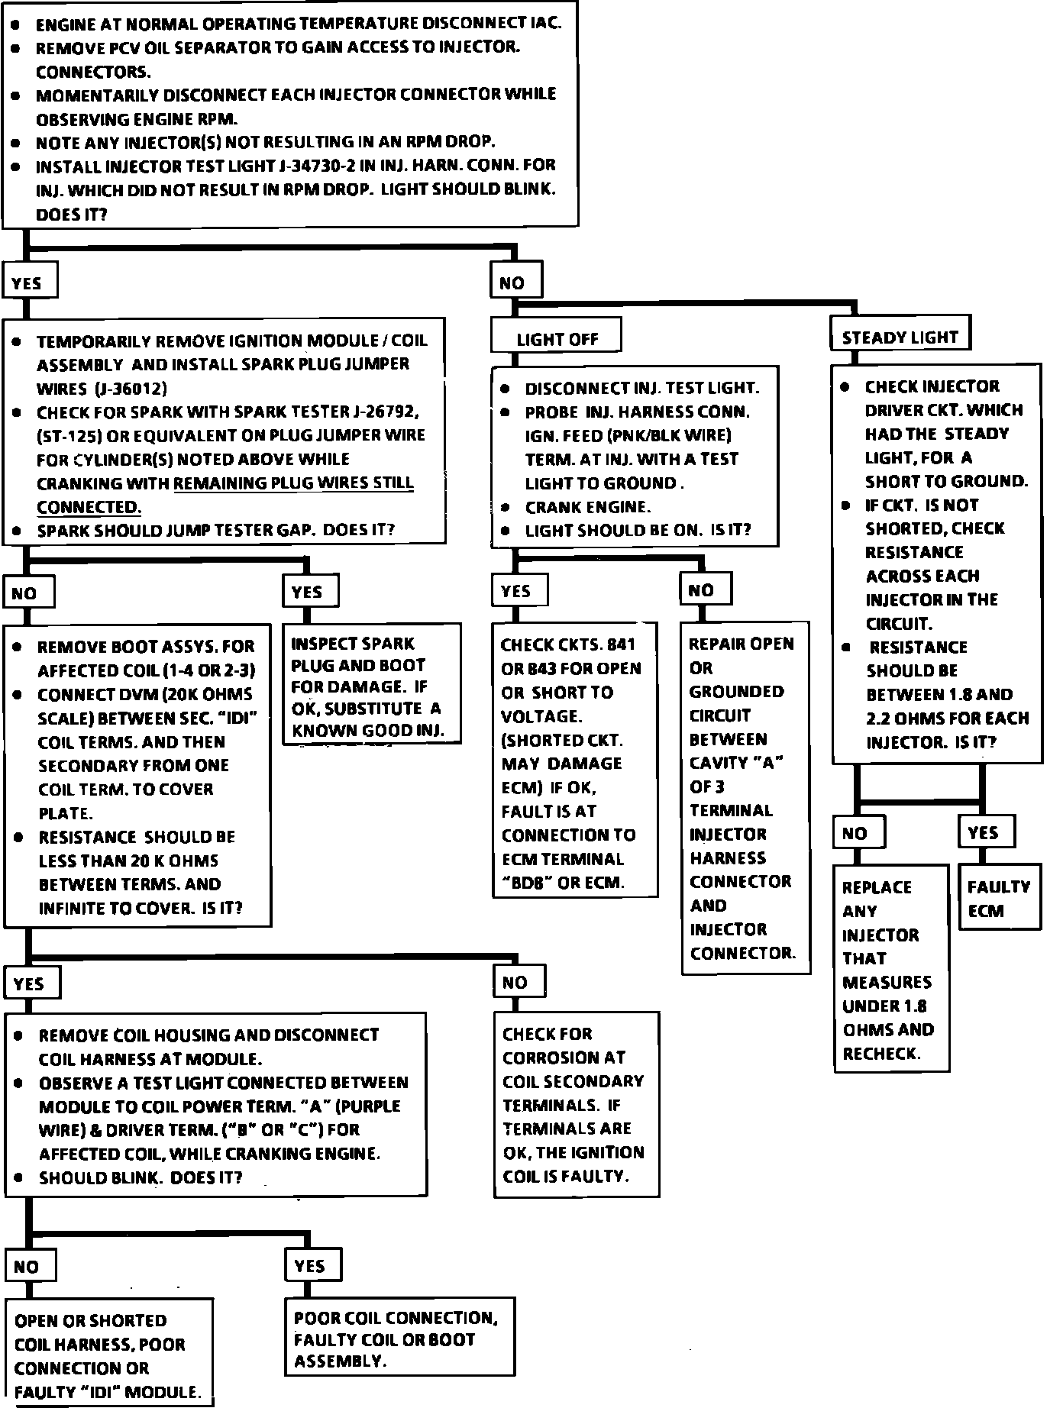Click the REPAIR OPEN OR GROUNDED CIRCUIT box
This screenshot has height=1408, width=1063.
pos(745,797)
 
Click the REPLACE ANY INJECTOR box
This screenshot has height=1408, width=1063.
pos(890,969)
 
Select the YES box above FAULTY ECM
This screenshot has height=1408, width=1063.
pos(986,832)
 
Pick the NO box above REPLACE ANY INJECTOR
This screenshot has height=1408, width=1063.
pos(858,832)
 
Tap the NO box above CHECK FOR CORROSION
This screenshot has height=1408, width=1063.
pos(518,982)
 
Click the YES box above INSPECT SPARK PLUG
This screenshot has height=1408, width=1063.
pos(309,591)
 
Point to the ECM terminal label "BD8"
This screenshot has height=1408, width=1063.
pos(528,883)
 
